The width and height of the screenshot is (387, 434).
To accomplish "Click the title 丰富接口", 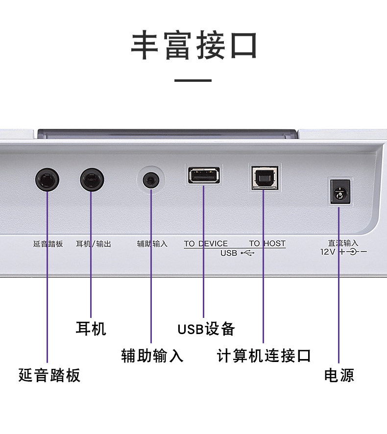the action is pyautogui.click(x=194, y=46).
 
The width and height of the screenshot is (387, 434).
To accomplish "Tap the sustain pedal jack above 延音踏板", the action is pyautogui.click(x=48, y=180).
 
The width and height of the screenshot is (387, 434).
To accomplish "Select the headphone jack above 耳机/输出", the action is pyautogui.click(x=92, y=180).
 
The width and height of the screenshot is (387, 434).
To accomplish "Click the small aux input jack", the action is pyautogui.click(x=151, y=180).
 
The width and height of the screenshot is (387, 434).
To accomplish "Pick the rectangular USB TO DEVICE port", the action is pyautogui.click(x=203, y=175).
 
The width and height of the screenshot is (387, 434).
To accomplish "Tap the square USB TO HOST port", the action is pyautogui.click(x=264, y=177).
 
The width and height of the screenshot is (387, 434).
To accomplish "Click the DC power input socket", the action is pyautogui.click(x=339, y=192).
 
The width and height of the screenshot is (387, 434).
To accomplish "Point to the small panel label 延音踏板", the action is pyautogui.click(x=48, y=243).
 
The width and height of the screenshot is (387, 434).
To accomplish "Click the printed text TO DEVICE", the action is pyautogui.click(x=206, y=243).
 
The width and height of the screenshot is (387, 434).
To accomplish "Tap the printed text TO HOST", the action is pyautogui.click(x=267, y=243).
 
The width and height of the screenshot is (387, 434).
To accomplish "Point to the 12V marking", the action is pyautogui.click(x=327, y=252).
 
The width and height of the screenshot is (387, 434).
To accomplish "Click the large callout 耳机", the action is pyautogui.click(x=91, y=328).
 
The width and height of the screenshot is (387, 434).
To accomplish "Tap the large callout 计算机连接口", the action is pyautogui.click(x=264, y=356).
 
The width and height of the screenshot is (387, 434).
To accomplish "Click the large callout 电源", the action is pyautogui.click(x=339, y=375).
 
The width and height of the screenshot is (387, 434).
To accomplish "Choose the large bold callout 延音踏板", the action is pyautogui.click(x=49, y=375).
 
